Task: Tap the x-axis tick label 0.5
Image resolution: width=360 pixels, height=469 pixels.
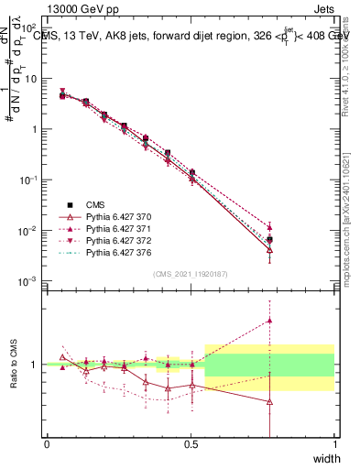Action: coord(191,443)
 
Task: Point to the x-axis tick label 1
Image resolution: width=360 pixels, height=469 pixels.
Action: coord(334,443)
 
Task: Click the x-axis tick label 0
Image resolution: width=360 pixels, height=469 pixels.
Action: coord(47,443)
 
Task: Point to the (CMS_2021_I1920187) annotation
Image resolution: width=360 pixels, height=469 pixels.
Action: coord(191,273)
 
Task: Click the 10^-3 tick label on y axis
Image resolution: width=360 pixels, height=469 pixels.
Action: coord(29,280)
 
